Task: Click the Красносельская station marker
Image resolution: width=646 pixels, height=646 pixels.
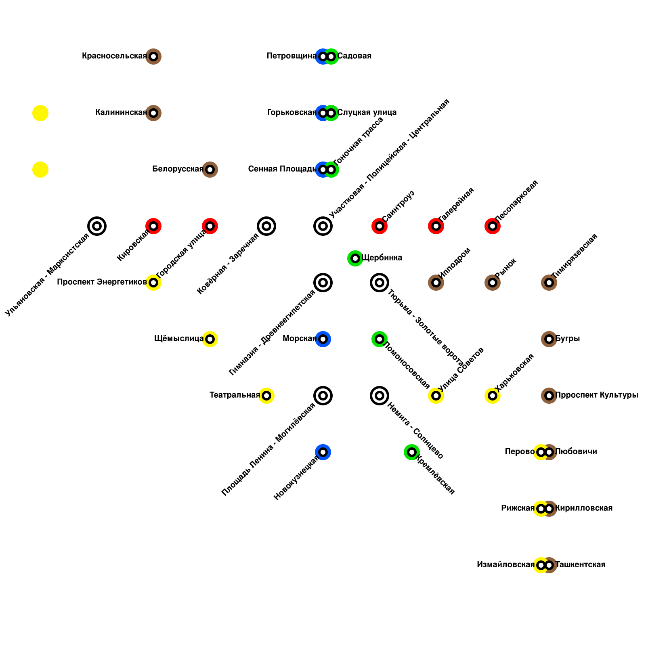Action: [153, 57]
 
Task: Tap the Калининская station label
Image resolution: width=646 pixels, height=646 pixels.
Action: [121, 113]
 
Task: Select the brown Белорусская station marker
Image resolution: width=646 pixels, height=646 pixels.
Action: [210, 170]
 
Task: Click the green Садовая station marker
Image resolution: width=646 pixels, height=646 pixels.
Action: [331, 57]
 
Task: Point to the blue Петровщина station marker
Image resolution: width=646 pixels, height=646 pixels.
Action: [322, 57]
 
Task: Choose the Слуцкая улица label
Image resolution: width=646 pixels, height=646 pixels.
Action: [367, 113]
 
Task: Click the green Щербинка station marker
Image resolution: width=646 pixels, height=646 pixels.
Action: [355, 258]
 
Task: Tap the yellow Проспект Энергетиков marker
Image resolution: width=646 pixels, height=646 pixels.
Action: [153, 283]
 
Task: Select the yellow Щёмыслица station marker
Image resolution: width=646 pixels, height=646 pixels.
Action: [210, 339]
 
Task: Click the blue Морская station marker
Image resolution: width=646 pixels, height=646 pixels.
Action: [323, 339]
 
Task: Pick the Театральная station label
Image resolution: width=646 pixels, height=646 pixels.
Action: [235, 395]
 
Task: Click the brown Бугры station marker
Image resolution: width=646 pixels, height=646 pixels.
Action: [549, 339]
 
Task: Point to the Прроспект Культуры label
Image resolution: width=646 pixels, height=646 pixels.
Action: [597, 395]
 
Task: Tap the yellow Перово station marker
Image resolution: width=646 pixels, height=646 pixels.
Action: [540, 452]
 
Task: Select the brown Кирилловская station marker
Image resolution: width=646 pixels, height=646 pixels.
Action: [550, 509]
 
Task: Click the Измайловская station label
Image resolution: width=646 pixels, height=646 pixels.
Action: [505, 565]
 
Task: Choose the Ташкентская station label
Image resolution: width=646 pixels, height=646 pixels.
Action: [580, 565]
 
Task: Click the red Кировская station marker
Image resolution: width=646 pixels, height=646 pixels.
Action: [153, 226]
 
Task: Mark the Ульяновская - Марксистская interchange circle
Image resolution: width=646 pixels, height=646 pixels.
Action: [97, 226]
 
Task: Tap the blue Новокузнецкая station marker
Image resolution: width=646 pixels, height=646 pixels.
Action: [323, 452]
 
